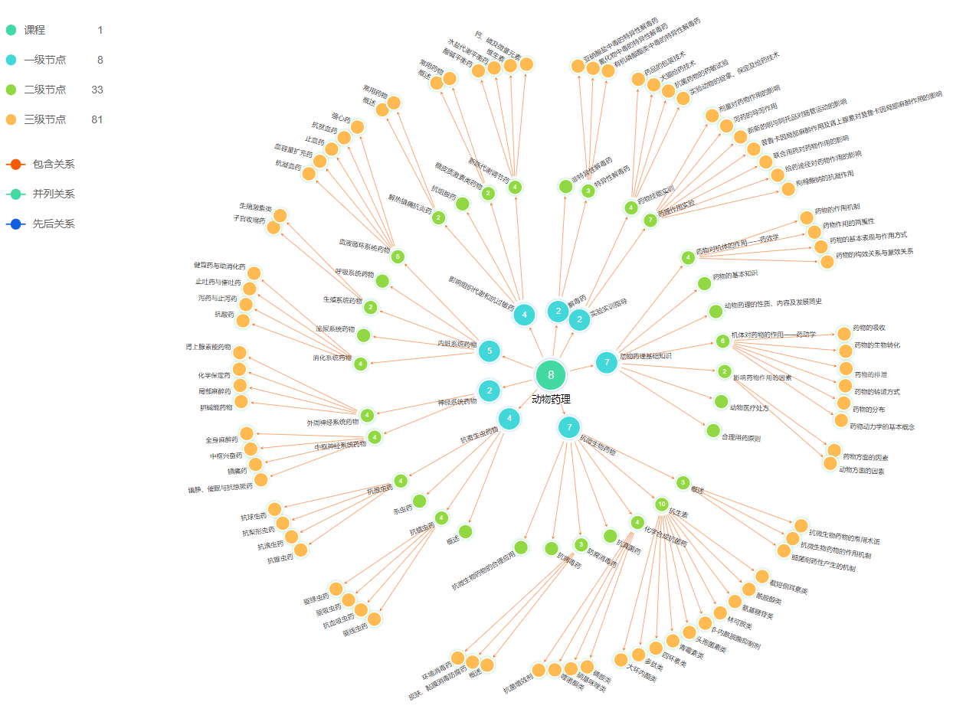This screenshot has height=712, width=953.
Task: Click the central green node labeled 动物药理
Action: coord(550,375)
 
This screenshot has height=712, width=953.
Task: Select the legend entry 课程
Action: coord(34,30)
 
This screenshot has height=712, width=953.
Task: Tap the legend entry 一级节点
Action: coord(44,60)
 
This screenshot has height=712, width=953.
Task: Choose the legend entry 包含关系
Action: coord(53,164)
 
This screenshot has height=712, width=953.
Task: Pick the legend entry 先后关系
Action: coord(53,224)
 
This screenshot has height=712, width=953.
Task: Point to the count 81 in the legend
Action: coord(97,119)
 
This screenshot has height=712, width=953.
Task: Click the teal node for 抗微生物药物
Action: coord(568,427)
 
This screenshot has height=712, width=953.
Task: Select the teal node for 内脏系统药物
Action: coord(489,351)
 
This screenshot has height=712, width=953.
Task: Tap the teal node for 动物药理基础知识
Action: coord(606,362)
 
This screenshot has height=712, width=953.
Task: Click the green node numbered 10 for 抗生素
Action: coord(661,504)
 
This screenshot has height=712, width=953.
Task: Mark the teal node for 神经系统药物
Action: coord(489,391)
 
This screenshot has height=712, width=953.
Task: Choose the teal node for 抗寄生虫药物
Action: coord(509,418)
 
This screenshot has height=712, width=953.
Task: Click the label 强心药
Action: coord(341,120)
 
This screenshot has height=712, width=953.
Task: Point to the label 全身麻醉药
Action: coord(223,440)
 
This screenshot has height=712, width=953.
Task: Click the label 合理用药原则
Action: coord(741,438)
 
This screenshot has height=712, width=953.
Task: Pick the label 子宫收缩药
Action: coord(249,220)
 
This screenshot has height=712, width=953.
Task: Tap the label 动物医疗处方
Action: coord(749,407)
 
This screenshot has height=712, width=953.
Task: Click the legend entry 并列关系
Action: coord(53,194)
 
